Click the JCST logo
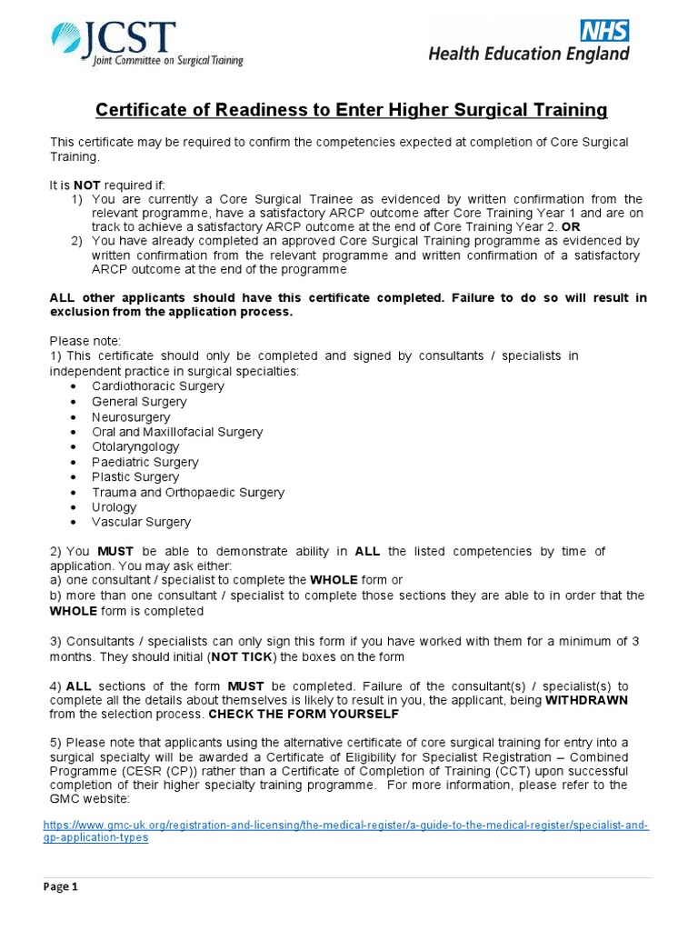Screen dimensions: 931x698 click(x=146, y=44)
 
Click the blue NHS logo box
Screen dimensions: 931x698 click(x=604, y=31)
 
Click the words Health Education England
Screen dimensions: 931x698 click(x=529, y=55)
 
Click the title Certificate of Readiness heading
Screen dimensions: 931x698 click(x=351, y=110)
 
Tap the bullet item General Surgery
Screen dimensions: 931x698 click(x=139, y=401)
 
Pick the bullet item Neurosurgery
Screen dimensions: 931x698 click(x=131, y=416)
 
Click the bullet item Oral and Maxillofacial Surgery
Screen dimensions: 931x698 click(x=177, y=432)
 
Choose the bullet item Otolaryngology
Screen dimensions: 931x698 click(x=135, y=446)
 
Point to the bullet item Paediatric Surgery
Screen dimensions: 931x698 click(x=144, y=462)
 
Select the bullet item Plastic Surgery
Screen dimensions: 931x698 click(x=135, y=476)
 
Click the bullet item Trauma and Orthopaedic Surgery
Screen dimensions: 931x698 click(x=188, y=492)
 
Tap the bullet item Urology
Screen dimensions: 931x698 click(x=115, y=507)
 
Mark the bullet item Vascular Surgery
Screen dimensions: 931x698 click(x=141, y=522)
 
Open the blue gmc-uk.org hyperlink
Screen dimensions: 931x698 click(x=345, y=831)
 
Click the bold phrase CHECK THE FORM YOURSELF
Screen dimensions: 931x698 click(x=304, y=715)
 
